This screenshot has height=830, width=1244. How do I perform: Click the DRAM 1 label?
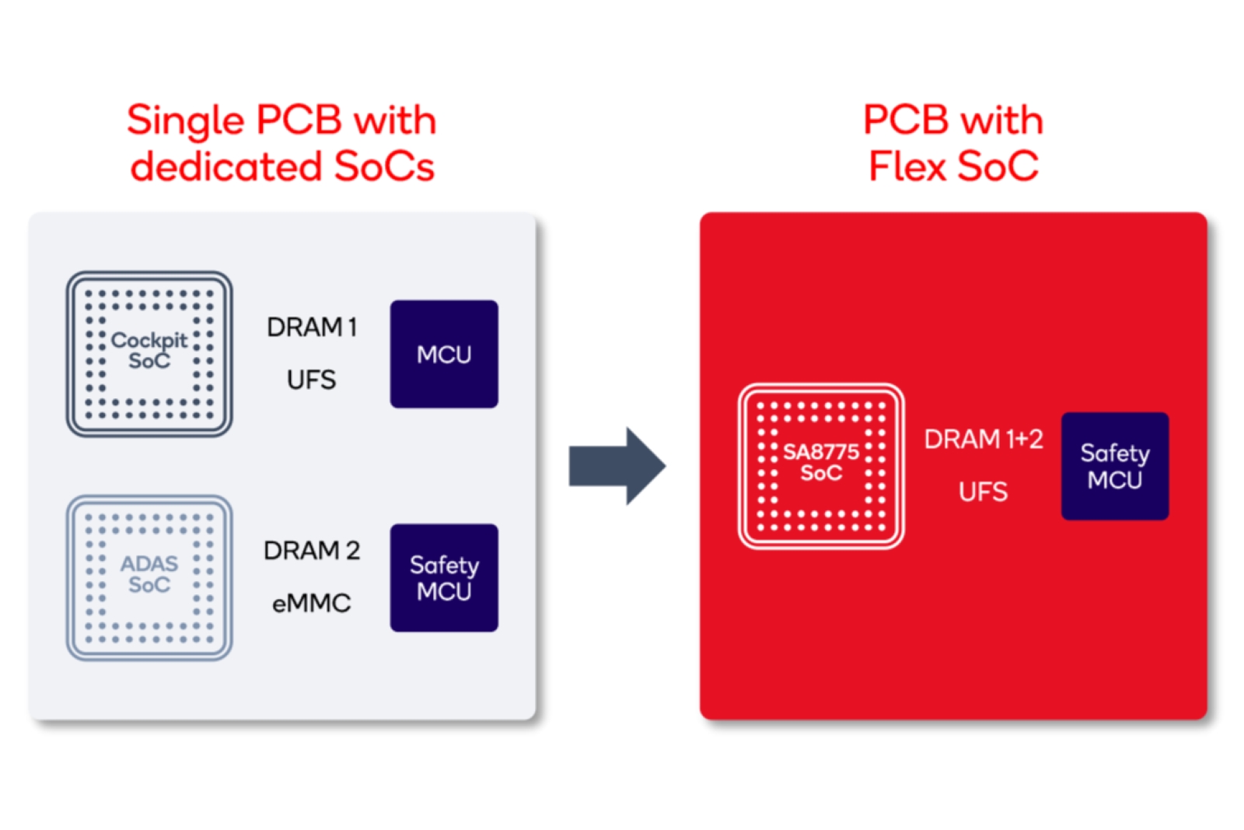pos(311,327)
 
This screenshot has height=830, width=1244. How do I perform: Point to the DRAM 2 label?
pos(311,551)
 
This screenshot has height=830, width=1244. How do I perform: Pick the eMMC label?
pos(311,603)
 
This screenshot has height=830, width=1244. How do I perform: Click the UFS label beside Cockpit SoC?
pos(311,380)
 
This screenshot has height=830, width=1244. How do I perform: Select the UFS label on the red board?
pos(983,492)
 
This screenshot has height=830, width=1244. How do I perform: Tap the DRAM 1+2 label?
pos(983,440)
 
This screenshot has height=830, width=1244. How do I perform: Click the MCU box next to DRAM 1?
pos(444,354)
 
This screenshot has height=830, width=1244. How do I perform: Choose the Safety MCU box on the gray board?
pos(444,578)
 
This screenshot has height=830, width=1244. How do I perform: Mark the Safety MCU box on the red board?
pos(1115,466)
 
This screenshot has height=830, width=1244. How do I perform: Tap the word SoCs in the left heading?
pos(384,166)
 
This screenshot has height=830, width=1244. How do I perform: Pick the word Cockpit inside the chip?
pos(149,340)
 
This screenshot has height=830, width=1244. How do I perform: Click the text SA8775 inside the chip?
pos(821,452)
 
